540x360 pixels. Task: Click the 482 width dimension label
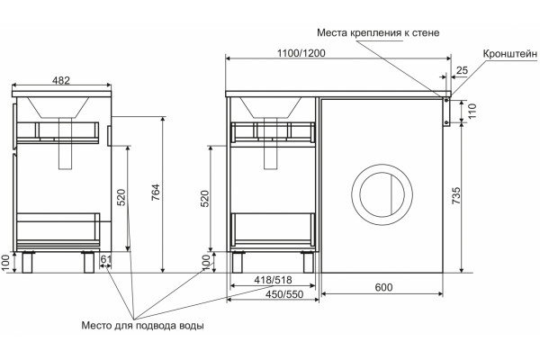pos(61,80)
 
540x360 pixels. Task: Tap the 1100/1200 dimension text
pos(301,53)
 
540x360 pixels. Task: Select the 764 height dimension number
pos(156,193)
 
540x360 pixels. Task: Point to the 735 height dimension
pos(455,195)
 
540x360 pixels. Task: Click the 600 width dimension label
pos(383,287)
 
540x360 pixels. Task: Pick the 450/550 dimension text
pos(284,294)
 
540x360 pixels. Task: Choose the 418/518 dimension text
pos(273,280)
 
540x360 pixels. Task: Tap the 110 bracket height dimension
pos(472,111)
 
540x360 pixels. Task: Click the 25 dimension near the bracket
pos(463,70)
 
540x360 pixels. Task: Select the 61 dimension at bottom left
pos(105,259)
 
